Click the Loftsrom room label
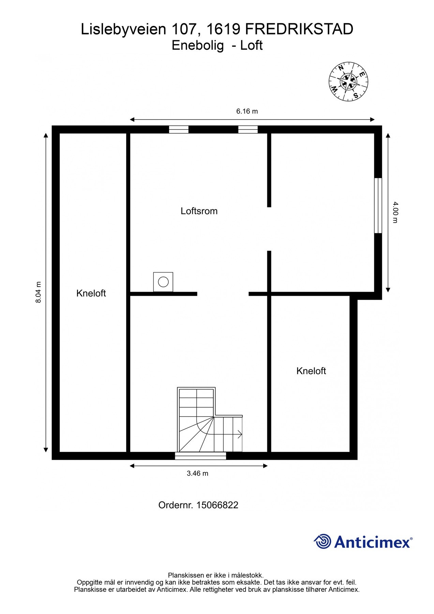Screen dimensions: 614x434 (199, 211)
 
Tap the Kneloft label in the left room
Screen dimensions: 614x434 (91, 293)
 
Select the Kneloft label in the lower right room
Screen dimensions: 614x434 (311, 371)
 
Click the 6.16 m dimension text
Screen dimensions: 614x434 (247, 111)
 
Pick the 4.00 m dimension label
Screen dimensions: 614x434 (395, 212)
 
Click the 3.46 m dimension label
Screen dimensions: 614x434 (197, 473)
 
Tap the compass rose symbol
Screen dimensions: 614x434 (348, 82)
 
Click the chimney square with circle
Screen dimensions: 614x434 (163, 282)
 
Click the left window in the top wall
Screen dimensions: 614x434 (179, 129)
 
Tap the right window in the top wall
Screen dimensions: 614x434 (248, 129)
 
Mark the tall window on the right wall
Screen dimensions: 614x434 (378, 205)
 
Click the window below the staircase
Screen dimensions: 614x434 (200, 456)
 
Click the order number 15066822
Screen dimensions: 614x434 (198, 505)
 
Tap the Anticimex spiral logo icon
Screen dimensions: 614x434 (322, 541)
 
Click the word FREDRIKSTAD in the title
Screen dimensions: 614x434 (299, 30)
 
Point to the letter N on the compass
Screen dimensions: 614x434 (341, 68)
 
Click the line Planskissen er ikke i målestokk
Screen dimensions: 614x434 (215, 575)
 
